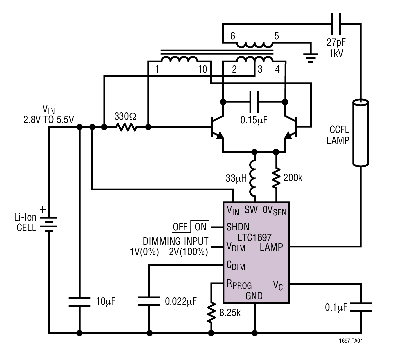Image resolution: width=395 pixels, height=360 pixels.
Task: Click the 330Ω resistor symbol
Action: [126, 127]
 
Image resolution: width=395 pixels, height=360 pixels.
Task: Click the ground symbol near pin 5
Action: [311, 57]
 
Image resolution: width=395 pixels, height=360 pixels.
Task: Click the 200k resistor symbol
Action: [276, 178]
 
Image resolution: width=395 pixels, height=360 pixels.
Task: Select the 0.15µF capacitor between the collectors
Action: [254, 102]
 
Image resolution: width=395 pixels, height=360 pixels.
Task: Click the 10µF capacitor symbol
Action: [79, 302]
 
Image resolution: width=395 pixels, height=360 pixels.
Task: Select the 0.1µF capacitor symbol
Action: [361, 307]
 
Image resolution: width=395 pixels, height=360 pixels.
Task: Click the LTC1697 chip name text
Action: [254, 237]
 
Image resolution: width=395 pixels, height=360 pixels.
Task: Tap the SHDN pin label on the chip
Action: [238, 227]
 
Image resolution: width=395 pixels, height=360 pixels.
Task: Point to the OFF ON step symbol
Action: [191, 227]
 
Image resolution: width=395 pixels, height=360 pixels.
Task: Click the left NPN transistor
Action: [217, 128]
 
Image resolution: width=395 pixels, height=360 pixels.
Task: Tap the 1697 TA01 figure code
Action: [350, 341]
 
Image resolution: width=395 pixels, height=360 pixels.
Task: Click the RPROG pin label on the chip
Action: [239, 284]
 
